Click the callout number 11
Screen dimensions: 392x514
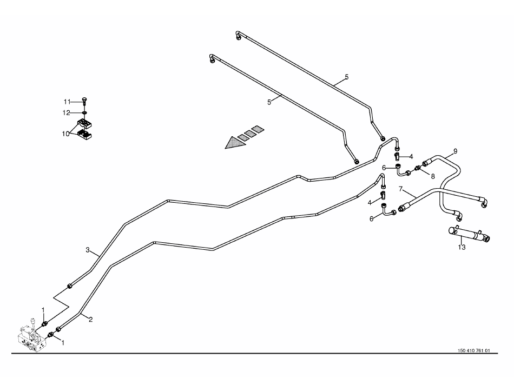pyautogui.click(x=67, y=102)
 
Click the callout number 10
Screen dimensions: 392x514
pyautogui.click(x=65, y=133)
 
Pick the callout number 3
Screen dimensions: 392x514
pyautogui.click(x=88, y=250)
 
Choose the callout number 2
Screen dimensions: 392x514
pyautogui.click(x=91, y=319)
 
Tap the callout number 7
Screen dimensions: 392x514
pyautogui.click(x=401, y=189)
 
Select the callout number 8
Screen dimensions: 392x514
pyautogui.click(x=432, y=175)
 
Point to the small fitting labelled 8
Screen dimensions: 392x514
pyautogui.click(x=418, y=169)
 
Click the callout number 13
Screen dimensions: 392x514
pyautogui.click(x=462, y=248)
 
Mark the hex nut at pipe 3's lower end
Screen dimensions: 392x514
pyautogui.click(x=69, y=285)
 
